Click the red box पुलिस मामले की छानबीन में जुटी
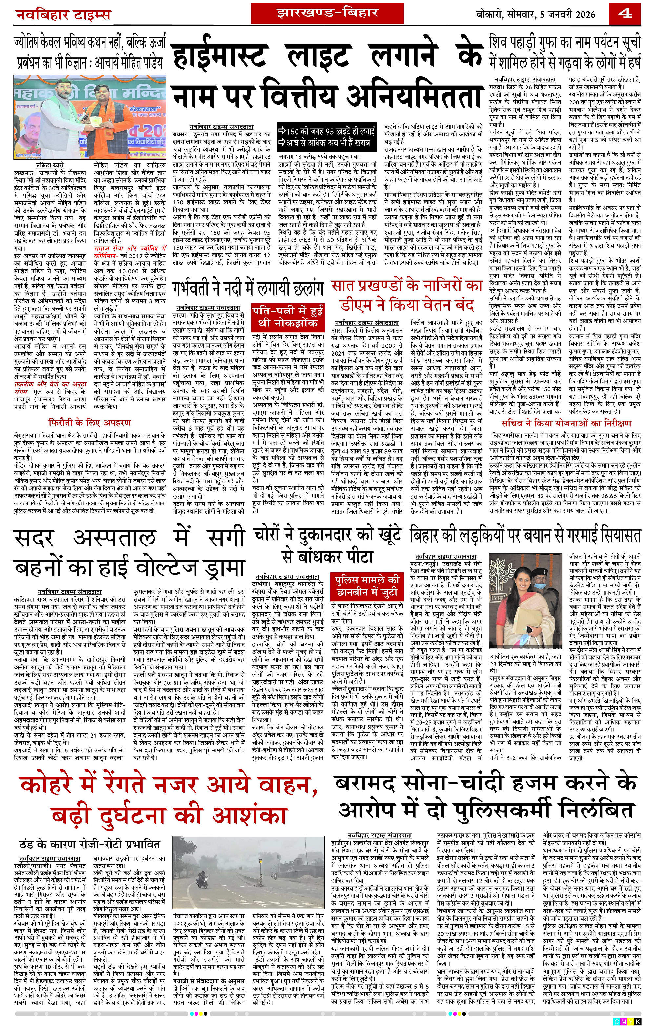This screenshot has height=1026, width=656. click(367, 585)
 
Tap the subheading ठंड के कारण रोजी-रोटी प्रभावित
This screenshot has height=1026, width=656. click(90, 832)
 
